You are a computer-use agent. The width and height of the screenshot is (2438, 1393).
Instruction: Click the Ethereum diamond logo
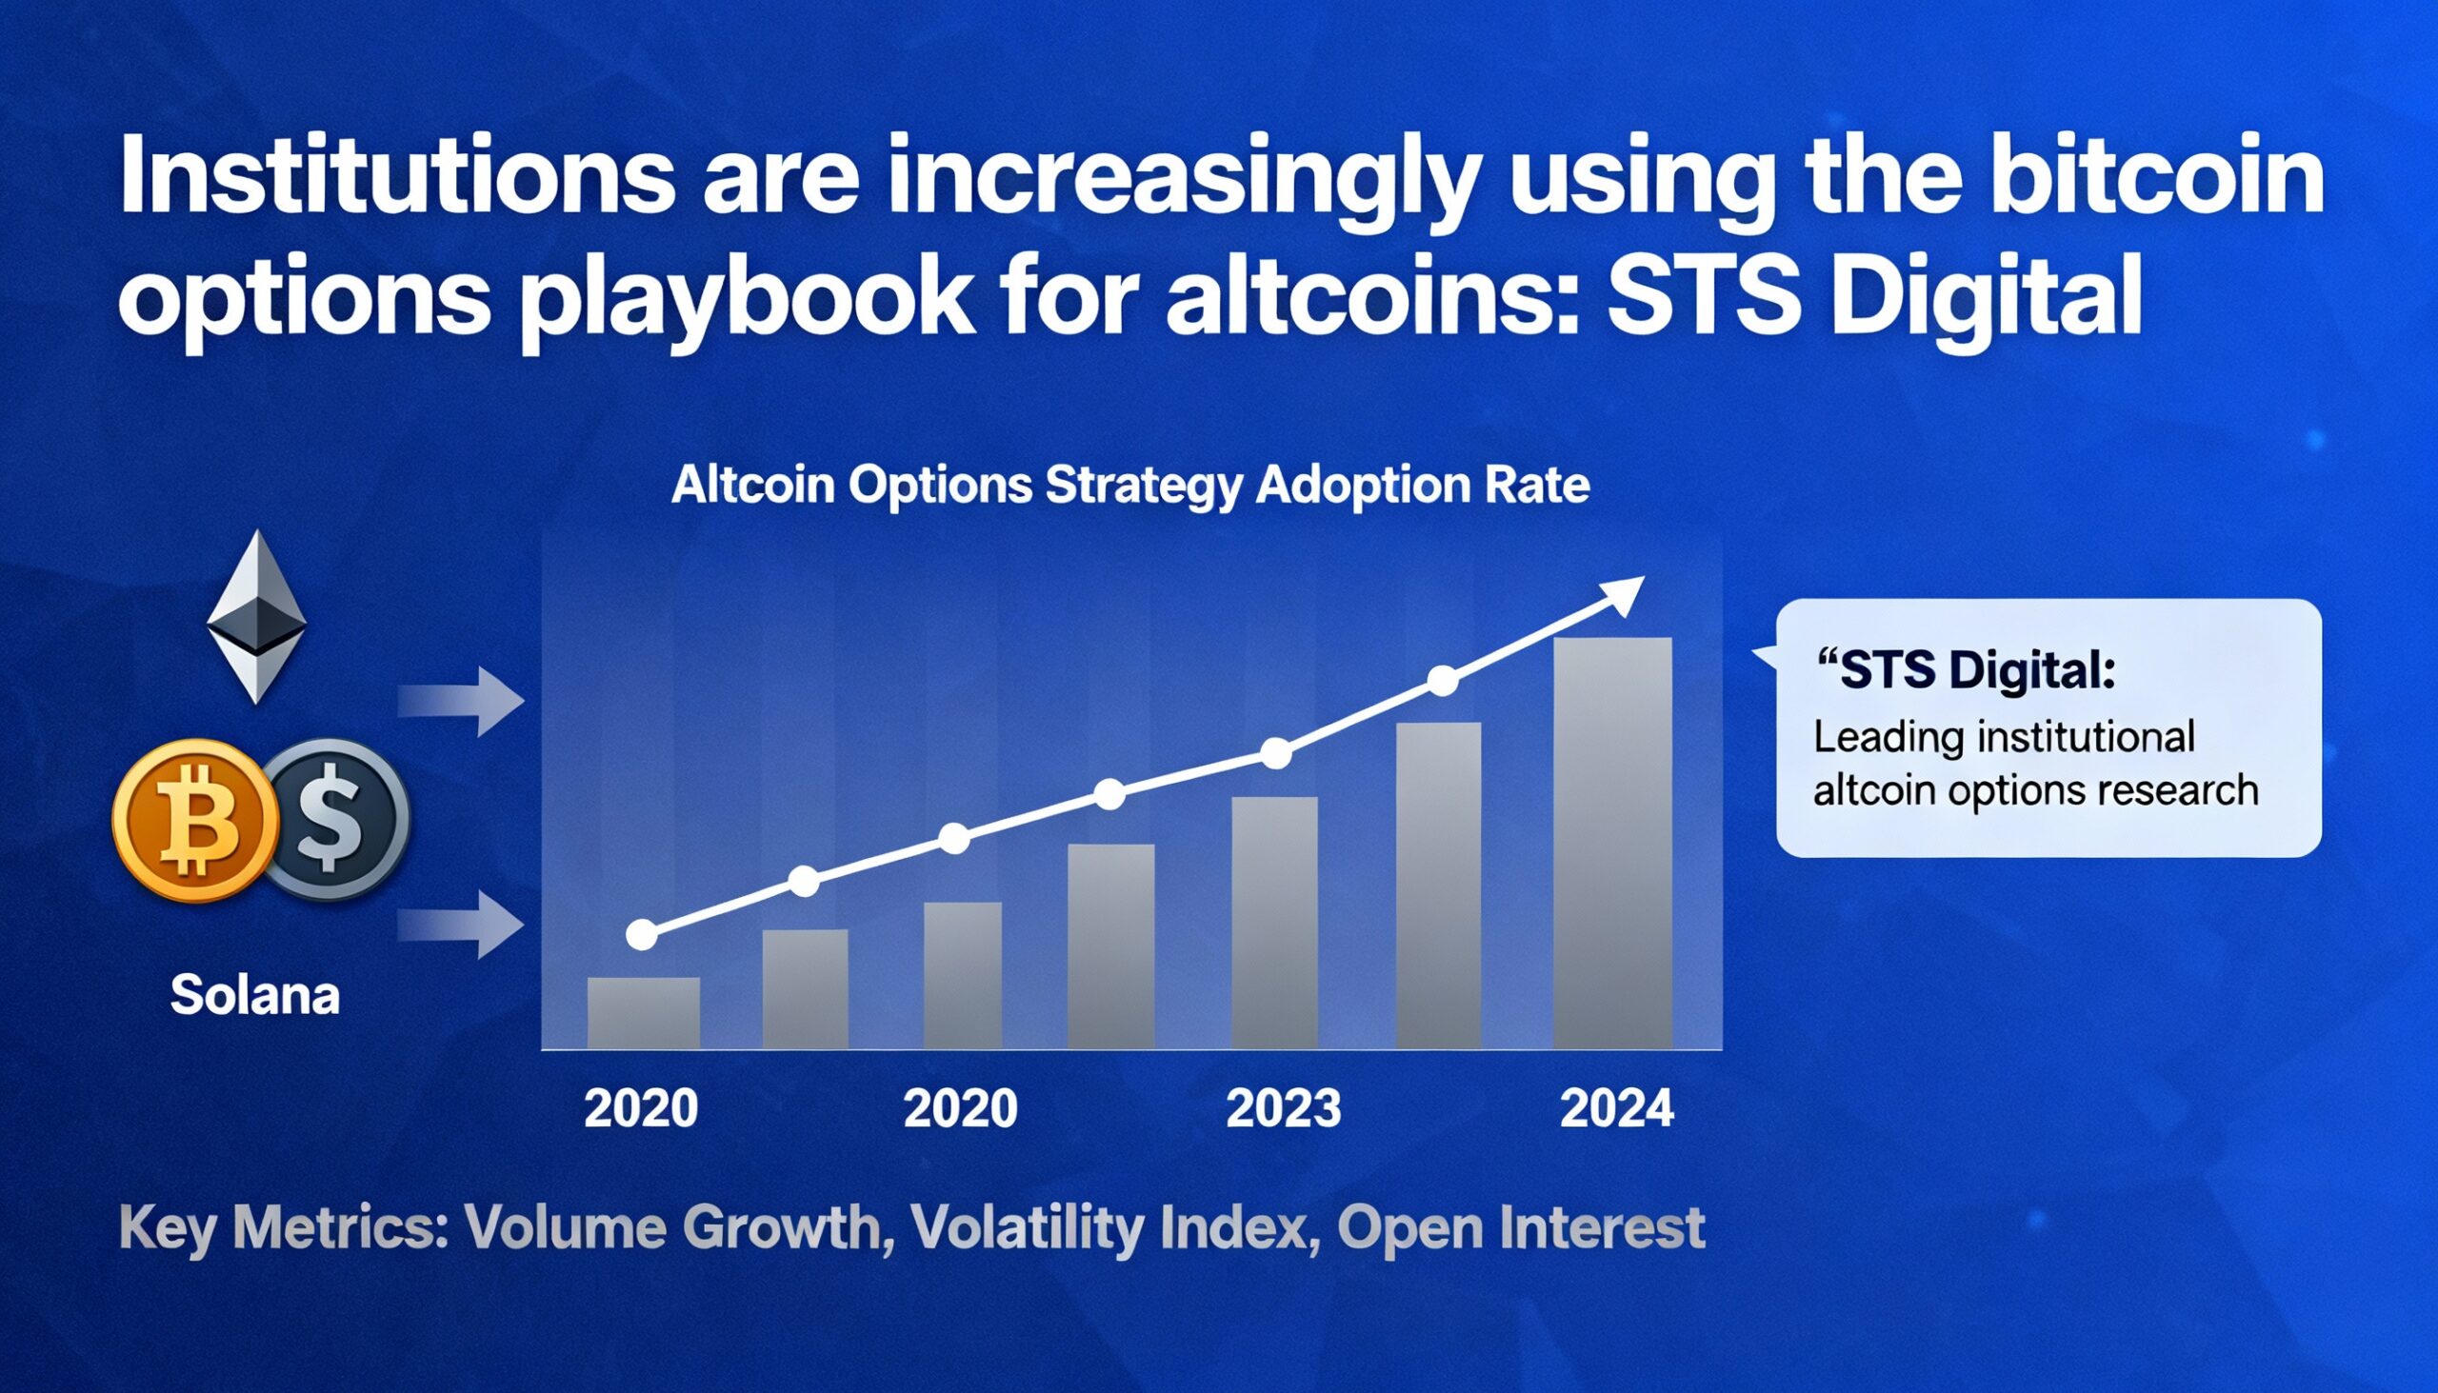(256, 617)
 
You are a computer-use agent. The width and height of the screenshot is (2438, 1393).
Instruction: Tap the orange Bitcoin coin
(196, 821)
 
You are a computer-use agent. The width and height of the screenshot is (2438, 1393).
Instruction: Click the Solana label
(254, 995)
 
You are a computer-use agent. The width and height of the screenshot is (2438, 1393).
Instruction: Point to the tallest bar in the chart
(1612, 842)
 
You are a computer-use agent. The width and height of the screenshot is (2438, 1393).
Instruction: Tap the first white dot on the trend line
(642, 935)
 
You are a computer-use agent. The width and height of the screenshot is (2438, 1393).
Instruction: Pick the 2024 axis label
(1617, 1109)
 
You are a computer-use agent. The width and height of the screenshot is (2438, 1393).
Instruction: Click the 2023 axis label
(1283, 1109)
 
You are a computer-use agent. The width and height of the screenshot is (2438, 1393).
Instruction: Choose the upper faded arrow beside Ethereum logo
(462, 702)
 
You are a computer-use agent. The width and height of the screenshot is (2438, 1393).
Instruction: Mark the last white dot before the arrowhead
(1443, 681)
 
